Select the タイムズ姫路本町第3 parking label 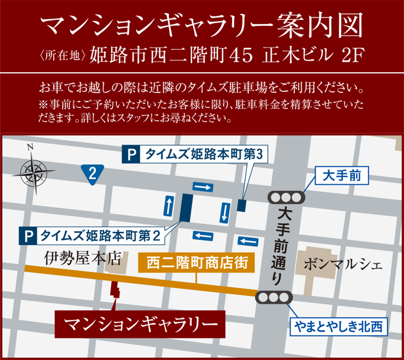coord(195,154)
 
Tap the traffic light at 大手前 coord(286,197)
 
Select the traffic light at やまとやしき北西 coord(274,297)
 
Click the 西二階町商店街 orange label coord(196,264)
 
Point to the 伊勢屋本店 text coord(83,257)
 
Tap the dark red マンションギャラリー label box coord(139,324)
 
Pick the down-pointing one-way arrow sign coord(225,212)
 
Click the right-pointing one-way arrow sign coord(202,187)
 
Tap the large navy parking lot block coord(186,208)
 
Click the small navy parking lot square coord(242,205)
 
